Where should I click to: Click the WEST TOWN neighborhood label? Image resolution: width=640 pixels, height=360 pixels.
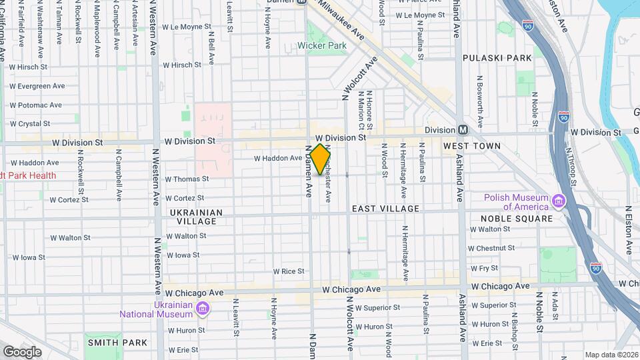[472, 145]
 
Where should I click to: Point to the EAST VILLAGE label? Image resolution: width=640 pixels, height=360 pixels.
[385, 209]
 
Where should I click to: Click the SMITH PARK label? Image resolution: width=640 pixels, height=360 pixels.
[117, 343]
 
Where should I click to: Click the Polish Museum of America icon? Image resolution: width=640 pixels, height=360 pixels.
[559, 200]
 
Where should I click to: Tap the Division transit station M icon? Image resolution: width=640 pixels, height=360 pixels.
[462, 129]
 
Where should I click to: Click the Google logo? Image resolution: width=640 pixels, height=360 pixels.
[22, 351]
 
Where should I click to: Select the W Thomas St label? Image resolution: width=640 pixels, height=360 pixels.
[187, 179]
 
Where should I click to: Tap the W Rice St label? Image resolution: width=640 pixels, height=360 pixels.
[288, 271]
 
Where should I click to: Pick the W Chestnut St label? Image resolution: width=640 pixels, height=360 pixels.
[492, 248]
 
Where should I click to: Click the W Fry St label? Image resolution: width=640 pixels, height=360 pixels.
[484, 268]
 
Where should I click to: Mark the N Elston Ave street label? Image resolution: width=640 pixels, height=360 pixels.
[628, 226]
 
